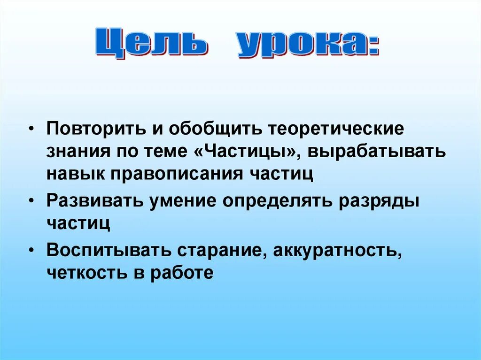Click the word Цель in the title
pos(153,45)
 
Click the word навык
pos(76,174)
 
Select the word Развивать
pos(94,201)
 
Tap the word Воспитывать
pos(109,250)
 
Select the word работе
pos(183,272)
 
